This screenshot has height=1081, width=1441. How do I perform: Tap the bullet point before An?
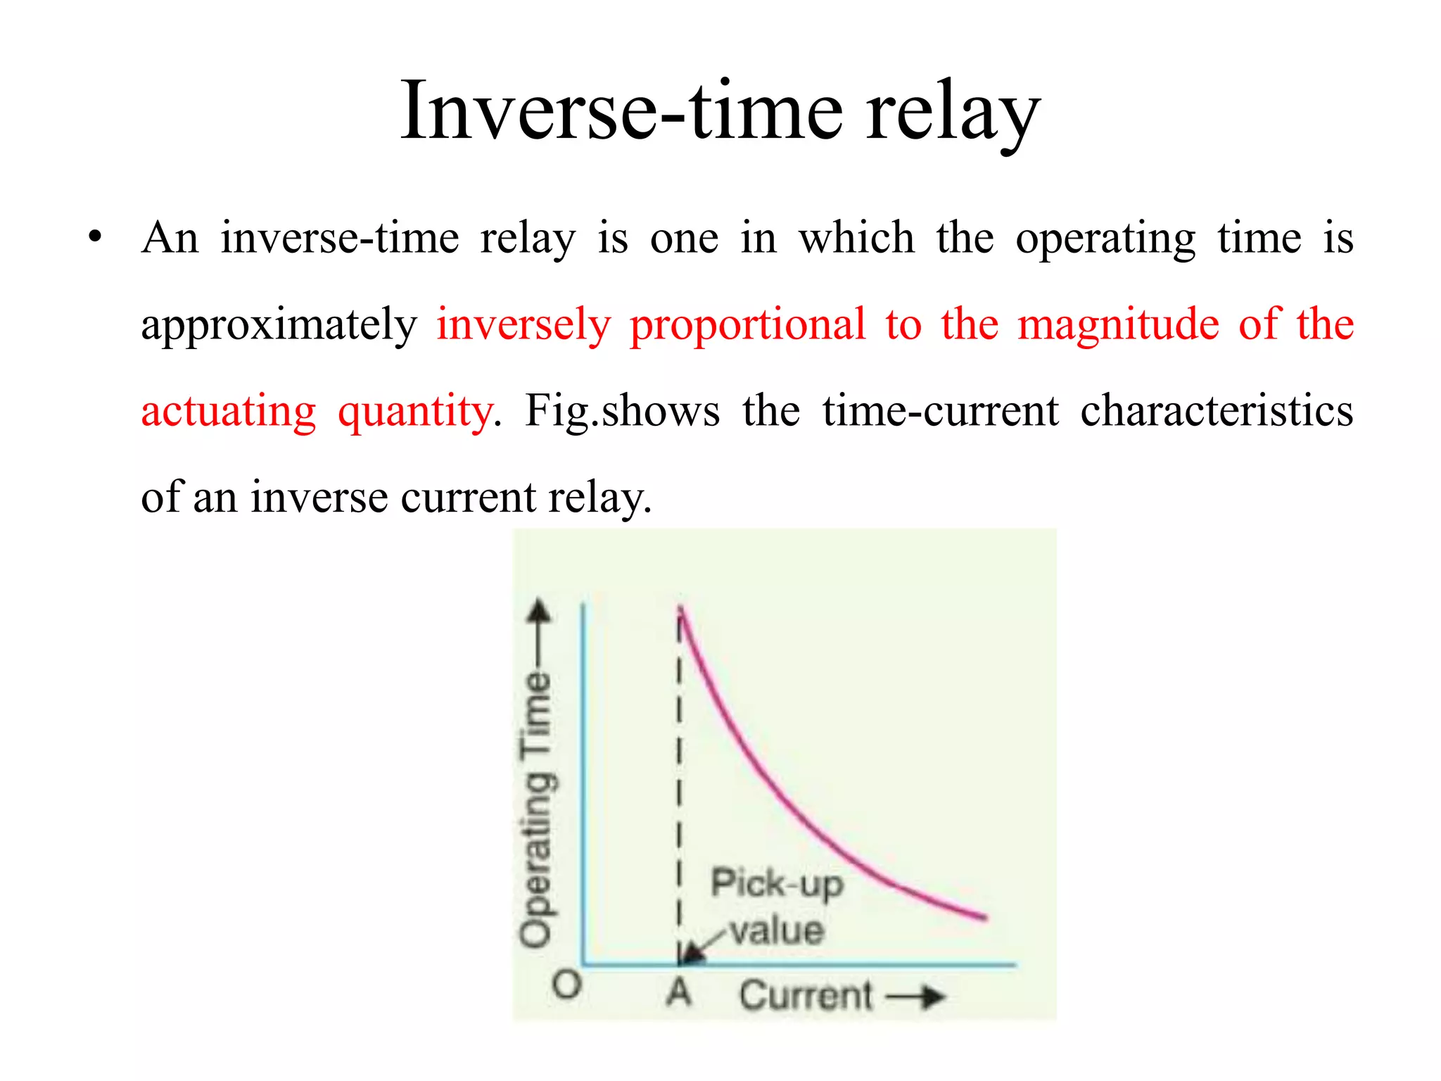pos(95,237)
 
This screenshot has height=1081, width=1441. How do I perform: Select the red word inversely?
pos(523,325)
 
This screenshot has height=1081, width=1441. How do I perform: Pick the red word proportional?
pos(747,325)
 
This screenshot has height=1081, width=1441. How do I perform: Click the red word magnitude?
pos(1118,325)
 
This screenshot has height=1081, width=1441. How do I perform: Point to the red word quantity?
pos(415,412)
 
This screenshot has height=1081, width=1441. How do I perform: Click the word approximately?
pos(279,325)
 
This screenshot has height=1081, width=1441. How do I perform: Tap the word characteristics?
pos(1217,411)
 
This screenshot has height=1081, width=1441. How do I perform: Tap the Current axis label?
pos(806,995)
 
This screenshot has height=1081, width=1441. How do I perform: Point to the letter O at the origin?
pos(567,985)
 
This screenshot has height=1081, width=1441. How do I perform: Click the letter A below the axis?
pos(679,992)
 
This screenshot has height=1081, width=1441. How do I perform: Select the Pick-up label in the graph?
pos(777,884)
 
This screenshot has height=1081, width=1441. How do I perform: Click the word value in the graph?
pos(777,931)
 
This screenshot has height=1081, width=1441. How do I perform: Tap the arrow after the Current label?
pos(915,997)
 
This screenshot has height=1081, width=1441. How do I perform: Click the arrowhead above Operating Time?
pos(540,611)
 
